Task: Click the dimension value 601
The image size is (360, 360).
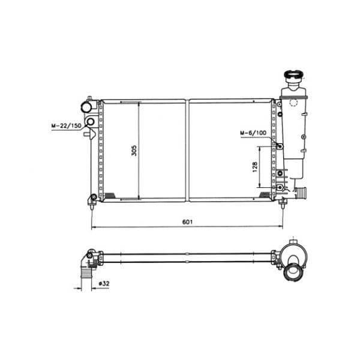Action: click(187, 222)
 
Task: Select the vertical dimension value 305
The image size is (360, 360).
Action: click(134, 151)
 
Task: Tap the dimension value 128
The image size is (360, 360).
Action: click(255, 167)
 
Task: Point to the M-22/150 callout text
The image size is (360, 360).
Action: click(67, 126)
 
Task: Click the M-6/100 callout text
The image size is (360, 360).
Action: click(253, 133)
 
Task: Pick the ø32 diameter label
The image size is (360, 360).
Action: click(104, 284)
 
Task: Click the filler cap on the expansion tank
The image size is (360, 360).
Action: click(293, 75)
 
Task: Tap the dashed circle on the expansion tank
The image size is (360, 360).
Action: click(293, 103)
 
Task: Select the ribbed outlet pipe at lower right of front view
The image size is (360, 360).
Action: click(301, 194)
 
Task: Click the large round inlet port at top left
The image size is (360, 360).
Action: click(86, 107)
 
